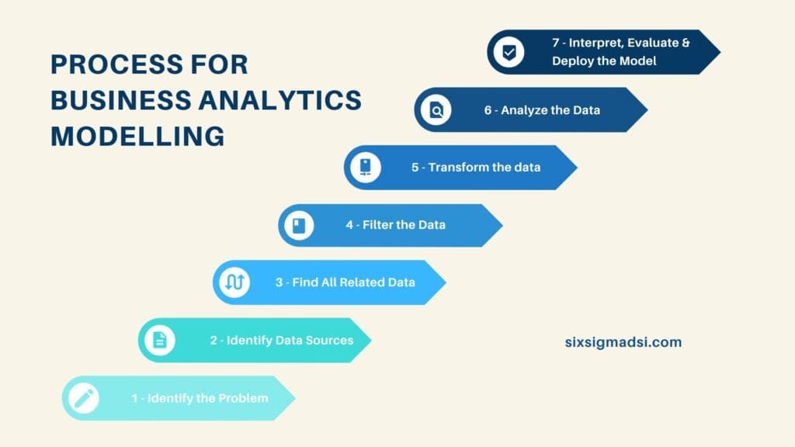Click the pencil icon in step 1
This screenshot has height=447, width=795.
pyautogui.click(x=84, y=399)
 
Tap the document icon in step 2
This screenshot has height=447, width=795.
pyautogui.click(x=160, y=340)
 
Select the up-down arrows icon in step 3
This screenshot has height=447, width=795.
pyautogui.click(x=234, y=282)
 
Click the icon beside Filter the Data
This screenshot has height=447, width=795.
pyautogui.click(x=300, y=226)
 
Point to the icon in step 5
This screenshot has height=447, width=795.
pyautogui.click(x=365, y=168)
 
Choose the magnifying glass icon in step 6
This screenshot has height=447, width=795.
pyautogui.click(x=436, y=110)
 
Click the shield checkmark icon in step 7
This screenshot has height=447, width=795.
pyautogui.click(x=509, y=53)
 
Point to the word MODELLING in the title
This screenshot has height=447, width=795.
pyautogui.click(x=137, y=137)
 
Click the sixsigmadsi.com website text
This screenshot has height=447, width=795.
pyautogui.click(x=623, y=341)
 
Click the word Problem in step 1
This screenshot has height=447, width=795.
pyautogui.click(x=242, y=398)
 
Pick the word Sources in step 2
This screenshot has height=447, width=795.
pyautogui.click(x=326, y=340)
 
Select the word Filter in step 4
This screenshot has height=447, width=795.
pyautogui.click(x=377, y=225)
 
